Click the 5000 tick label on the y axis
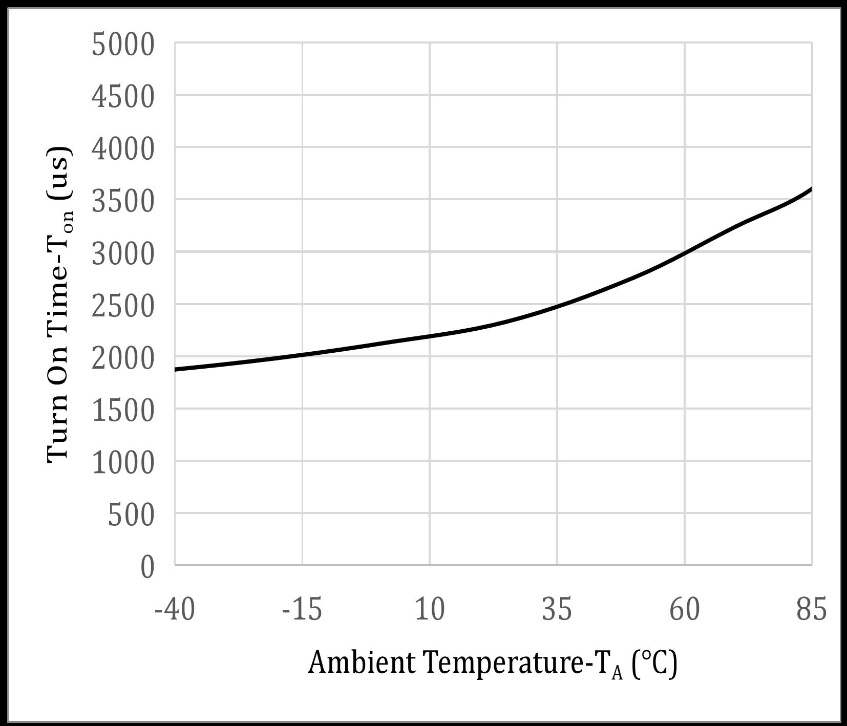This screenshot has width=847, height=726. coord(122,45)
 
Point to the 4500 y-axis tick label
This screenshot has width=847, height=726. coord(122,96)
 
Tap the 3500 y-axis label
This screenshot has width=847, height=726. coord(122,201)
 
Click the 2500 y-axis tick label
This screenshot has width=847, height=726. coord(122,306)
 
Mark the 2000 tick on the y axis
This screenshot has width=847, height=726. coord(122,358)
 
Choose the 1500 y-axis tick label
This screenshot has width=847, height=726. coord(122,410)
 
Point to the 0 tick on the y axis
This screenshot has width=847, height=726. coord(147,567)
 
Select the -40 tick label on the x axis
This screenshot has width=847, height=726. coord(175,610)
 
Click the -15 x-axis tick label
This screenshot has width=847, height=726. coord(302,610)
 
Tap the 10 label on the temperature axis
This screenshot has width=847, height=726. coord(430,610)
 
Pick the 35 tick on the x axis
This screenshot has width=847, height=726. coord(557,610)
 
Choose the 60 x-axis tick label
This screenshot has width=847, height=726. coord(685,610)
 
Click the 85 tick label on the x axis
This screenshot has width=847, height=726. coord(812,610)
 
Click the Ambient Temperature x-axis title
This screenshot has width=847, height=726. coord(492,664)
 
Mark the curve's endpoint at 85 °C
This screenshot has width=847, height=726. coord(811,189)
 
